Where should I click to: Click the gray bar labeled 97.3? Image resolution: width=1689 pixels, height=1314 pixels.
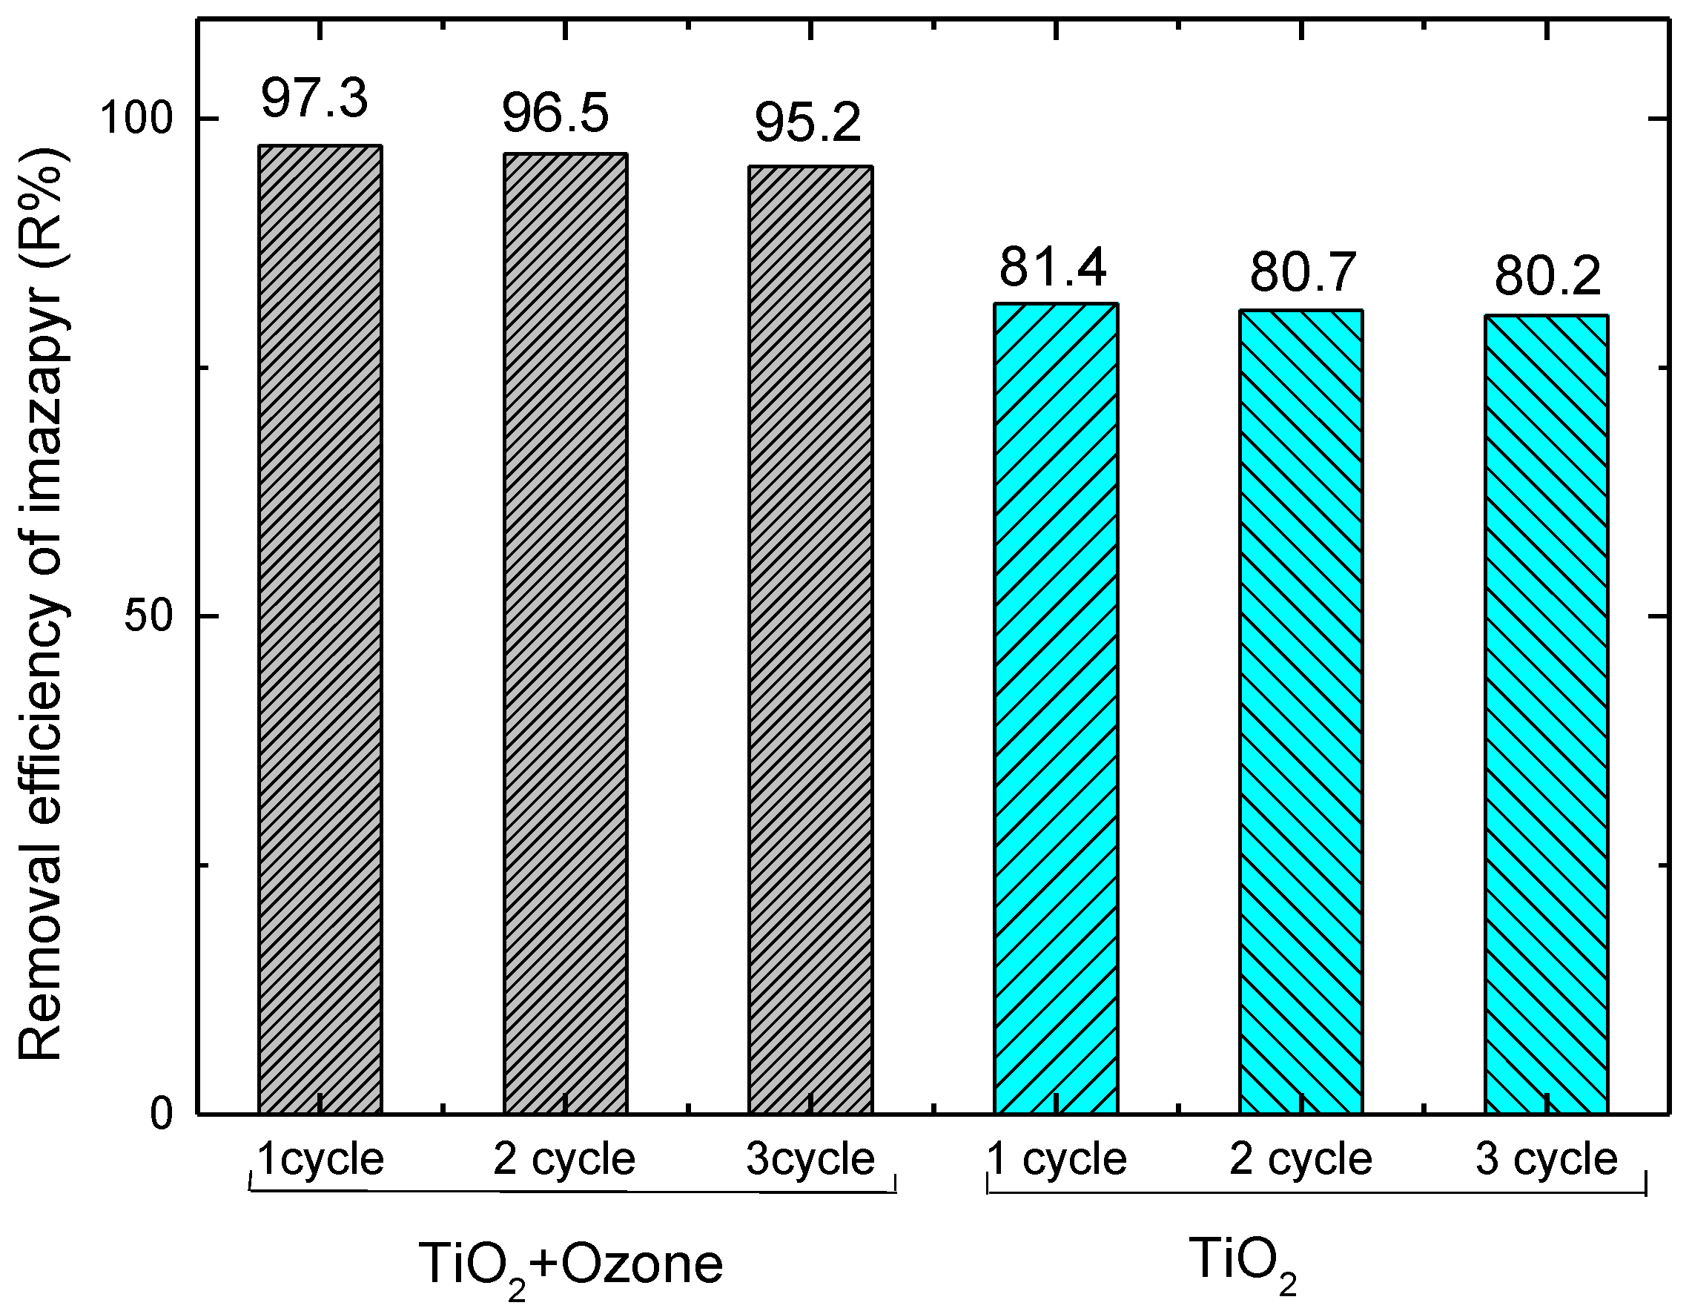(320, 628)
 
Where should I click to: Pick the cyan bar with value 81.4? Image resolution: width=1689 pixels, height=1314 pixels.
(1056, 707)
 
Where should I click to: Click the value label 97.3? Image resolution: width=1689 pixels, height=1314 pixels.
(314, 99)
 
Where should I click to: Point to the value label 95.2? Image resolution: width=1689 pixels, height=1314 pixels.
(807, 123)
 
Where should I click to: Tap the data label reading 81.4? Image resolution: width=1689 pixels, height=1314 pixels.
(1053, 268)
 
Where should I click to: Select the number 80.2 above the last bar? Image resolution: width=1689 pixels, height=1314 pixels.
(1547, 277)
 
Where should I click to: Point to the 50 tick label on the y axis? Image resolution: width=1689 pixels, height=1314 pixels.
(148, 616)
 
